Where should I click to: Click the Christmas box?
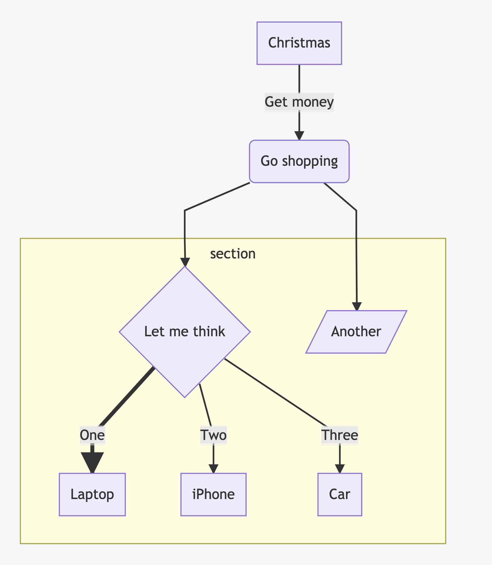(299, 43)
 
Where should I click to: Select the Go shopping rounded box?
(299, 161)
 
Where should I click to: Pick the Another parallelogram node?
(356, 332)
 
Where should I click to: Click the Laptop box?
(92, 495)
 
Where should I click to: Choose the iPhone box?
(213, 495)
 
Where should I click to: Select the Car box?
(340, 495)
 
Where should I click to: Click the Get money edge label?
(299, 102)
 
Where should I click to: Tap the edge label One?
(92, 435)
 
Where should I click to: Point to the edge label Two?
(213, 435)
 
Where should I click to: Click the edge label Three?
(340, 435)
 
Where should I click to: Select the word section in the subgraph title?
(233, 254)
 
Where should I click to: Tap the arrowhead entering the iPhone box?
(213, 469)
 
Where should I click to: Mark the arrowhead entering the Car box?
(340, 469)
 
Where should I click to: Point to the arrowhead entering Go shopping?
(299, 135)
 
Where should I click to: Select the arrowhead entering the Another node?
(357, 306)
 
